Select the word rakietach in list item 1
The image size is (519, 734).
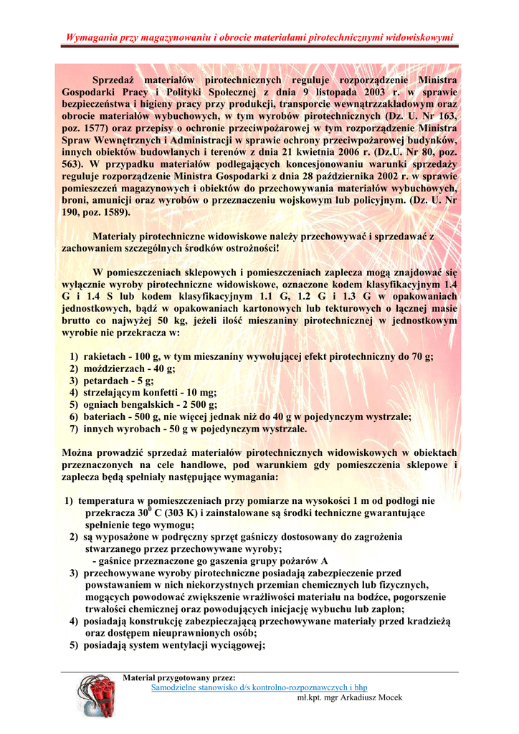point(108,356)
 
